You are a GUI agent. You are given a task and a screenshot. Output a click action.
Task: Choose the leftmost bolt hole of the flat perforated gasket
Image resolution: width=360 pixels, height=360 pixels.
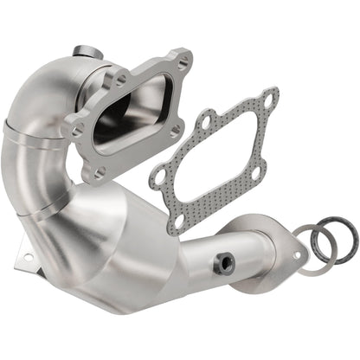click(x=158, y=177)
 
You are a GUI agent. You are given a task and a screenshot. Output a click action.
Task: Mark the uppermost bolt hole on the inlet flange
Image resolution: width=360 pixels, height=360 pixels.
click(x=182, y=61)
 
